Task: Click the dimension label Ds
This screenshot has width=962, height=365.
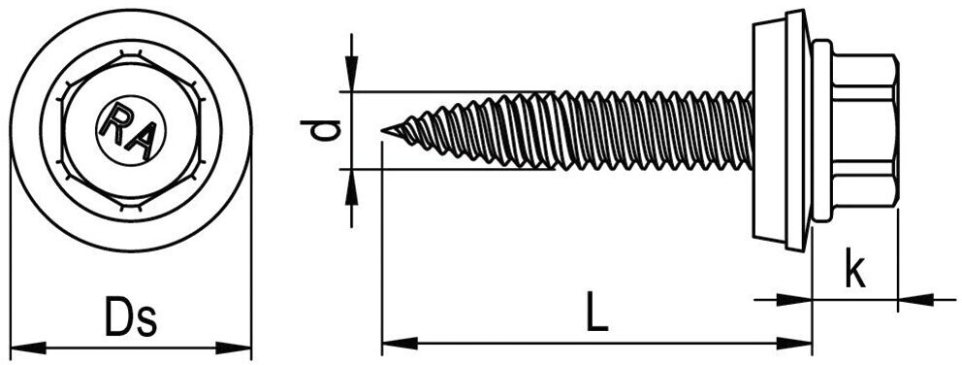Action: pos(131,316)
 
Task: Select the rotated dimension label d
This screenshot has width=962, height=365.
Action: pos(321,130)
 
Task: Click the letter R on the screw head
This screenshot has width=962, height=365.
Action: pos(116,121)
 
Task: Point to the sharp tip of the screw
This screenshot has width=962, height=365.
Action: pos(382,130)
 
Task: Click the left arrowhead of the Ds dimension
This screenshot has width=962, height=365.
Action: pos(28,348)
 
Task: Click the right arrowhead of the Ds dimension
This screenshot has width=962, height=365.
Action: pos(234,348)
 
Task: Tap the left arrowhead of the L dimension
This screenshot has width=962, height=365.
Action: pos(400,344)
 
